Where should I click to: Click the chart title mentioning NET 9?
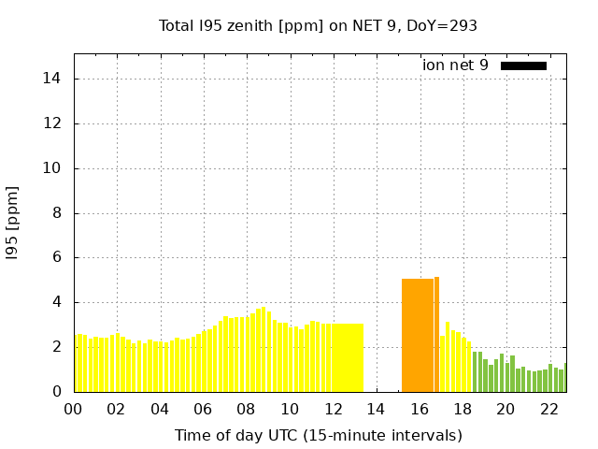tap(318, 26)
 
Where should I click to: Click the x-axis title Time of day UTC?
tap(318, 436)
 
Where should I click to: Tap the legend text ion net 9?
tap(455, 65)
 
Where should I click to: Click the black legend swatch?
tap(523, 65)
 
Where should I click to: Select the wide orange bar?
tap(418, 335)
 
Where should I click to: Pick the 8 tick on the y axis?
tap(58, 213)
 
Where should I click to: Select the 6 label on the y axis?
tap(58, 257)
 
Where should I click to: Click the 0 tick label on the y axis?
tap(58, 392)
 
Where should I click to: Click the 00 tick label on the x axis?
tap(73, 409)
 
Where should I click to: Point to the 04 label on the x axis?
tap(160, 409)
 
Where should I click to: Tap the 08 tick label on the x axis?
tap(246, 409)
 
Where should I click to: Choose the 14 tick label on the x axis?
tap(376, 409)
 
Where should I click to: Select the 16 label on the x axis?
tap(419, 409)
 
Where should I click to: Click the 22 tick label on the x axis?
tap(548, 409)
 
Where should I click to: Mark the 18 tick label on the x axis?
tap(463, 409)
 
